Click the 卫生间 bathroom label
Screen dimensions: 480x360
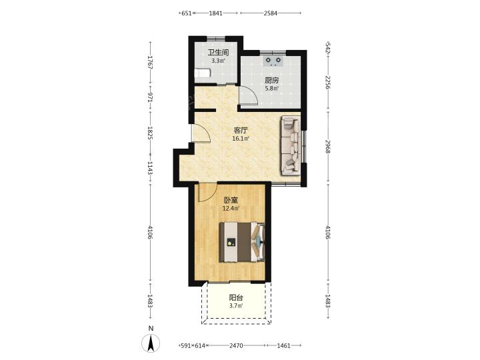tap(218, 53)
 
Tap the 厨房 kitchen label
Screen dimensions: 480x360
tap(271, 81)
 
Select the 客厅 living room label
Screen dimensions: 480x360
tap(241, 131)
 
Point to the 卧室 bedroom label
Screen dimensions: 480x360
tap(231, 201)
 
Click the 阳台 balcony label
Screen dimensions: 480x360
tap(236, 297)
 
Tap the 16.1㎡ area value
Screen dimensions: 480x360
tap(241, 139)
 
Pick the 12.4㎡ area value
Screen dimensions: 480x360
tap(231, 209)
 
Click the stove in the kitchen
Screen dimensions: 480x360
tap(273, 61)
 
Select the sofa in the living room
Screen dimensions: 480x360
tap(290, 145)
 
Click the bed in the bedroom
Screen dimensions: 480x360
tap(242, 242)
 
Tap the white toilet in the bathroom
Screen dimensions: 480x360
tap(203, 73)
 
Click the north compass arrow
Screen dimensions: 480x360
tap(151, 343)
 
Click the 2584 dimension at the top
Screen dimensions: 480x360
tap(270, 13)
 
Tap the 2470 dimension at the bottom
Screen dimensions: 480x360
tap(236, 345)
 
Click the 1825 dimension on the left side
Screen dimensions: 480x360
tap(150, 133)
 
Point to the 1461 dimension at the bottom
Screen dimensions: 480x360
tap(283, 345)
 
